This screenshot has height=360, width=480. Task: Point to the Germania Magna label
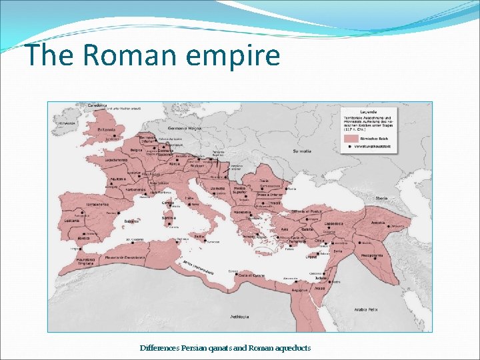185,127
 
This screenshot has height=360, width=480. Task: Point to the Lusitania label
72,221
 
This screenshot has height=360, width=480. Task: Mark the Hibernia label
66,123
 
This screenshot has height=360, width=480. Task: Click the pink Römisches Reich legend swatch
351,139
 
